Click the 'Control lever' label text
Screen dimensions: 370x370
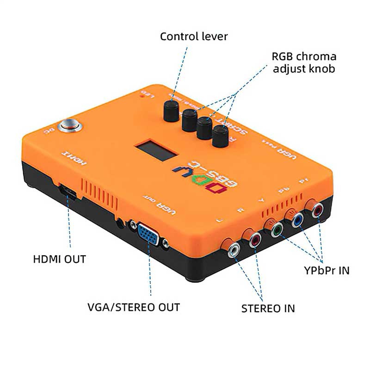pyautogui.click(x=194, y=36)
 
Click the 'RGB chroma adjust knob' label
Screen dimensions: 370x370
pyautogui.click(x=303, y=62)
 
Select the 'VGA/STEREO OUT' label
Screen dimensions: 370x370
pyautogui.click(x=134, y=307)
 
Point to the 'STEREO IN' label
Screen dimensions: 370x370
pyautogui.click(x=268, y=308)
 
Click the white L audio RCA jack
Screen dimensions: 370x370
pyautogui.click(x=235, y=250)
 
